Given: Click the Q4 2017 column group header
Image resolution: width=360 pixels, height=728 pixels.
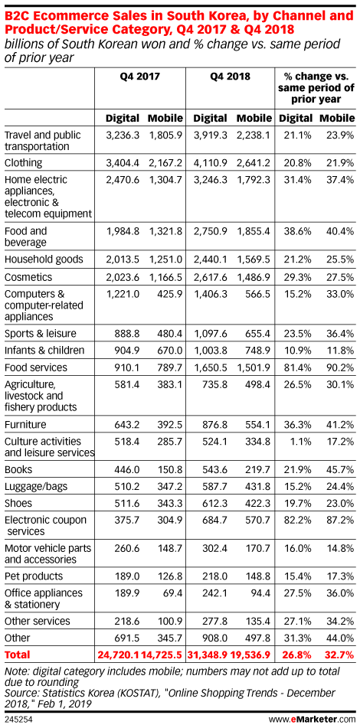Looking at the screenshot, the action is [x=140, y=76].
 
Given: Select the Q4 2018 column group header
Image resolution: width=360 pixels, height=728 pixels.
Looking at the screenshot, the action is [x=231, y=76].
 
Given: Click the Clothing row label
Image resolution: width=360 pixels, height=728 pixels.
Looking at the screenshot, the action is [x=23, y=163].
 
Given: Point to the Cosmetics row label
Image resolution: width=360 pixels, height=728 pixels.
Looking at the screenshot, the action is [x=27, y=278].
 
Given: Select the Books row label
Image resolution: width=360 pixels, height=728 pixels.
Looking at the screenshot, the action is [x=15, y=470].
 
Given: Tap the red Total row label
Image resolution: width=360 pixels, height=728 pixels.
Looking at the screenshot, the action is [x=17, y=655].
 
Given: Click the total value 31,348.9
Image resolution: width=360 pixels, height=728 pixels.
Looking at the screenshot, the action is [x=210, y=655].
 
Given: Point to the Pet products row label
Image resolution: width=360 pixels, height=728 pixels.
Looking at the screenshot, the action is [x=33, y=576].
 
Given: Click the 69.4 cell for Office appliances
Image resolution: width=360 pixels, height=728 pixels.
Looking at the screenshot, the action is [x=172, y=593].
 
